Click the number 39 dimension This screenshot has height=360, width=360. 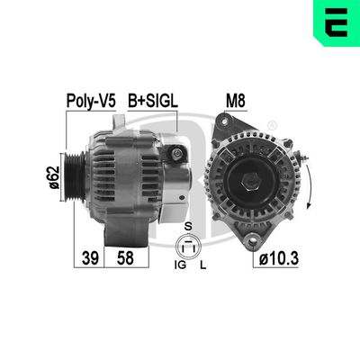pos(88,257)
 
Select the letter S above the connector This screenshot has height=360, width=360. pos(188,226)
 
